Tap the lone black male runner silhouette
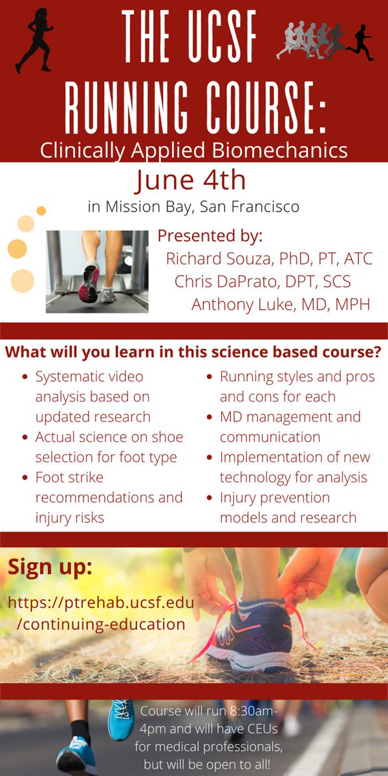[360, 42]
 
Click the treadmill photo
[97, 272]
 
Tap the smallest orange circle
[41, 211]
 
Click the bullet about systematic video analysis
[93, 396]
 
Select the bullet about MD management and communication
[290, 427]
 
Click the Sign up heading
[50, 567]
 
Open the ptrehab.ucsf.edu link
[101, 614]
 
